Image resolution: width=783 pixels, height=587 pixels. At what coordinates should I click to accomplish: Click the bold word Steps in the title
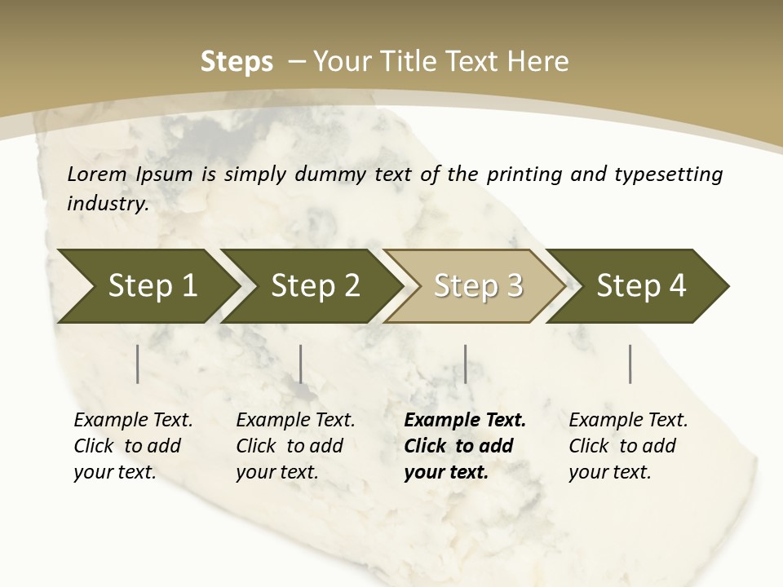click(237, 62)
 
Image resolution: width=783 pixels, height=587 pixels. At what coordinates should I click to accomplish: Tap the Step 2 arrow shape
click(314, 286)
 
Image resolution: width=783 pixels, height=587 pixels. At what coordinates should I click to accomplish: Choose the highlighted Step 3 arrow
click(477, 286)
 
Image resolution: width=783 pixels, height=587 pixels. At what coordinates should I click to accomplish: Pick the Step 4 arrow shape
click(640, 286)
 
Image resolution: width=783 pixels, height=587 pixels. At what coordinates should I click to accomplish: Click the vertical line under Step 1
click(138, 364)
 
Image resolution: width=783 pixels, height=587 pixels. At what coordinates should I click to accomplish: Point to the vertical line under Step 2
click(301, 364)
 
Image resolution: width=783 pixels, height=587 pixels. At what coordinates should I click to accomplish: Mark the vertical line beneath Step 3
click(465, 364)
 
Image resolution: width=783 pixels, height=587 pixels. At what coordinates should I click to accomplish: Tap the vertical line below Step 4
click(630, 364)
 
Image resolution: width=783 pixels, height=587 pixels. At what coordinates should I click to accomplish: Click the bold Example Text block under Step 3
click(463, 446)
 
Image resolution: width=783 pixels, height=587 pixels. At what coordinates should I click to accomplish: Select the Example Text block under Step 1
click(132, 446)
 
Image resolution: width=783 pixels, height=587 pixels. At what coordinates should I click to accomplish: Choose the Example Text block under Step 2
click(294, 446)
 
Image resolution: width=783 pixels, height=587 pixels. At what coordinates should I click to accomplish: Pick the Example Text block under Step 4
click(627, 446)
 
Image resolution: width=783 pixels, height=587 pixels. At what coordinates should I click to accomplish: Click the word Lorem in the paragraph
click(97, 174)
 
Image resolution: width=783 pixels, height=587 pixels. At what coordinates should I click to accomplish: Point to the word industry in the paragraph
click(108, 204)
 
